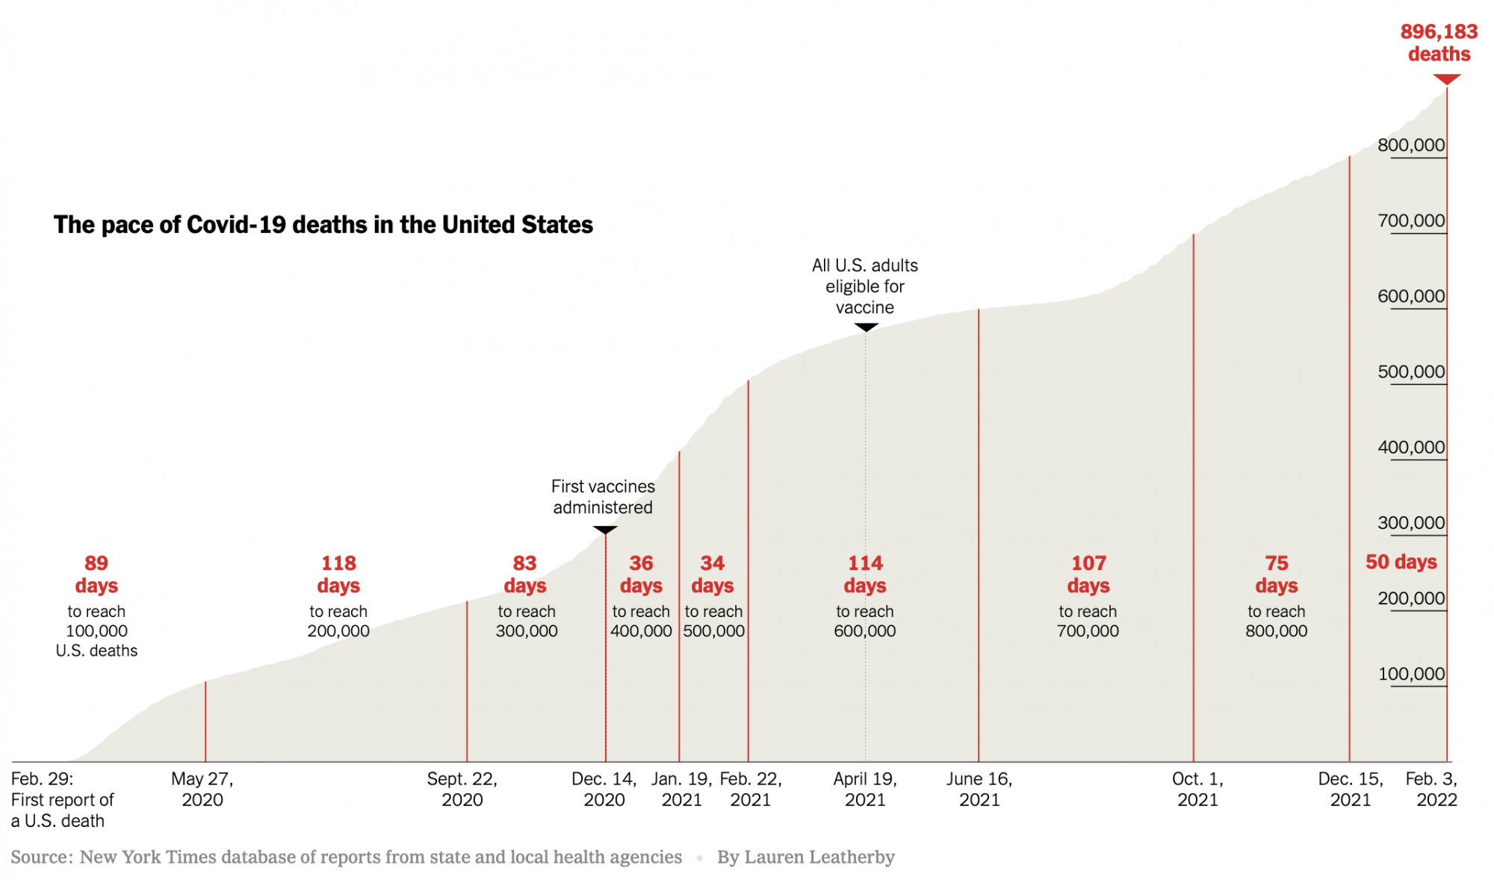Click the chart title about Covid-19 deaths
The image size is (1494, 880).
pos(323,225)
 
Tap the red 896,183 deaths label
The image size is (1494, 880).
pos(1439,43)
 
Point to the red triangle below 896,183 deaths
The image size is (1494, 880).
pos(1447,79)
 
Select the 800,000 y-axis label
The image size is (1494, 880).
pos(1411,145)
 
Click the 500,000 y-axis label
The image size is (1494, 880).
pos(1411,371)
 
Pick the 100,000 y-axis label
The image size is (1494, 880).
pos(1411,674)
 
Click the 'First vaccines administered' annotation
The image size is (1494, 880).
pos(603,497)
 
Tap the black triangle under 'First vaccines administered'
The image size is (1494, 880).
pos(605,530)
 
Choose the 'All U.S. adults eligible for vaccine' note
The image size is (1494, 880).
pos(865,286)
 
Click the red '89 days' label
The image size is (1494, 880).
pos(96,574)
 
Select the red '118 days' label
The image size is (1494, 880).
pos(338,574)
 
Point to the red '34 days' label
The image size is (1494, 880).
pos(713,574)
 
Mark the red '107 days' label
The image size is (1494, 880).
pos(1088,574)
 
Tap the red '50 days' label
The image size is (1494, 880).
pos(1401,562)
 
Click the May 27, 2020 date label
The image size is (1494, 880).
pos(202,789)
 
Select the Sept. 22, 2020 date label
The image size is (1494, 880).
pos(462,789)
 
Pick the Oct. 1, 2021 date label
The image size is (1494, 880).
pos(1197,789)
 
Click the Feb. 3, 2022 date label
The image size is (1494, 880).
pos(1432,789)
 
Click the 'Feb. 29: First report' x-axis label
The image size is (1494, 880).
pos(62,799)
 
